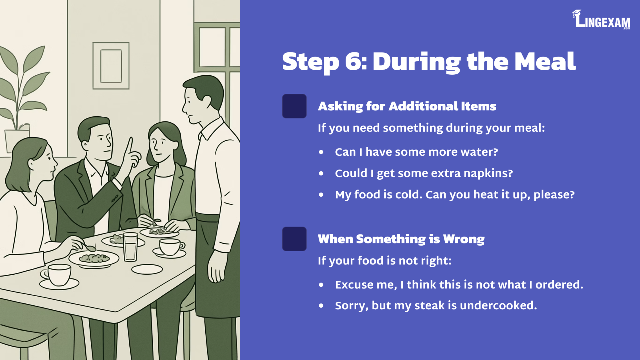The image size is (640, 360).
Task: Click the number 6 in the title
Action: pos(354,62)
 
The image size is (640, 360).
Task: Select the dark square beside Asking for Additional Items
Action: pos(294,106)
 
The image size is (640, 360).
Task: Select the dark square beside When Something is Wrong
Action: pos(294,239)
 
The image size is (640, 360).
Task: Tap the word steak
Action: pos(429,306)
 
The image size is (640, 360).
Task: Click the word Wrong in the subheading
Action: pos(464,239)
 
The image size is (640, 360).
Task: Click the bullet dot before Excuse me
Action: pos(321,285)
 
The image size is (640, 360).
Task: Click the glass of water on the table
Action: pos(130,247)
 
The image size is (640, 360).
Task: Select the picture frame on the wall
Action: pos(111,66)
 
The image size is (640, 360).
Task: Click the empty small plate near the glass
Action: pos(147,269)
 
